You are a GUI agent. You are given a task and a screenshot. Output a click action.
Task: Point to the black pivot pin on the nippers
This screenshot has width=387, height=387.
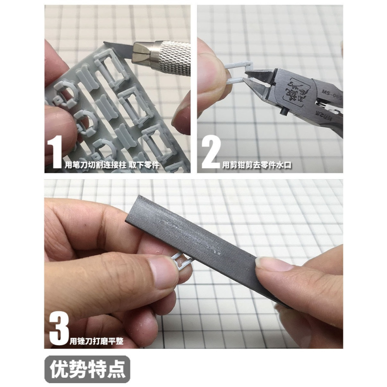[283, 112]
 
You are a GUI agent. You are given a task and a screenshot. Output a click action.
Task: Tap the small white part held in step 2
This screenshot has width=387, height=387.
[238, 72]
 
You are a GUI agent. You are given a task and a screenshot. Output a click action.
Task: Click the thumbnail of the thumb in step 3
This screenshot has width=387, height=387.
[163, 271]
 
